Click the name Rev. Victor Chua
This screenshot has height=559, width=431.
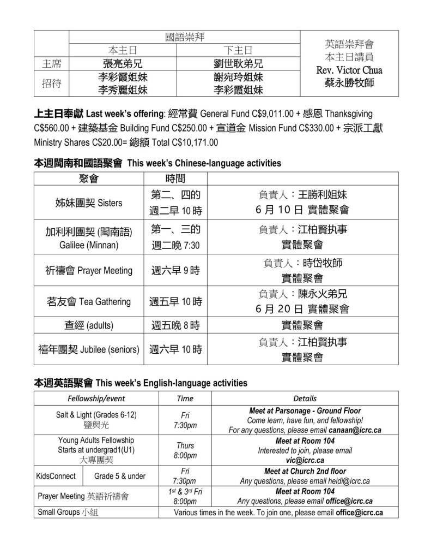(349, 70)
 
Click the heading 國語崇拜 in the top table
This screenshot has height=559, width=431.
(185, 38)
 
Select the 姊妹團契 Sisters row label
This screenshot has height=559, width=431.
(89, 203)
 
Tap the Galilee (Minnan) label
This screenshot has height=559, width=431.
(89, 245)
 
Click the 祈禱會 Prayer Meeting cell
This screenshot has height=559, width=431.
(89, 271)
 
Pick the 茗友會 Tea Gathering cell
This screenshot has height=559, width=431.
(89, 302)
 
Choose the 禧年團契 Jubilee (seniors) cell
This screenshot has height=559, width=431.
(89, 349)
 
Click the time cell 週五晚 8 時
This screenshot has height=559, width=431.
(175, 326)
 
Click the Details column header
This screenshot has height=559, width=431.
(305, 399)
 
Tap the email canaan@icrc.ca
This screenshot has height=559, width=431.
(356, 430)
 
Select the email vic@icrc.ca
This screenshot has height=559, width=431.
(305, 460)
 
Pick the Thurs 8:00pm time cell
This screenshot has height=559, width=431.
(185, 450)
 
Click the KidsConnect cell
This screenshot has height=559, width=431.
(56, 476)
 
